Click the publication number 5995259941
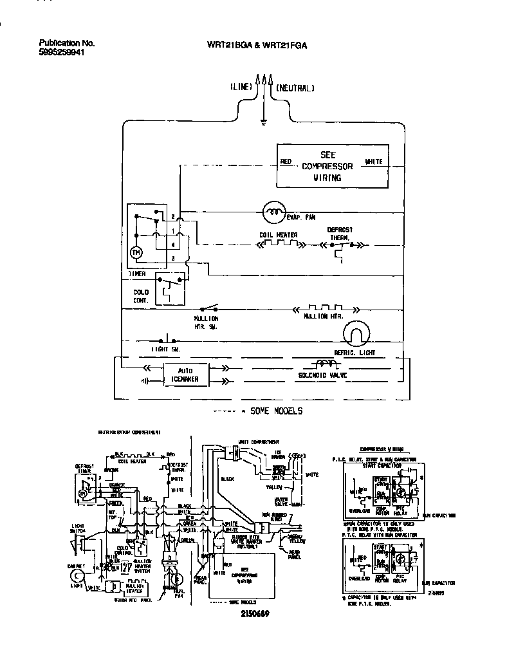point(62,53)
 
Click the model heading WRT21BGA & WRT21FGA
point(256,45)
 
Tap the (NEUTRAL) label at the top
point(295,88)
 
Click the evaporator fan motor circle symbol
point(275,210)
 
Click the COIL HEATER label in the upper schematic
point(278,235)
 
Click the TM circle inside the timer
point(136,253)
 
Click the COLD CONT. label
point(141,297)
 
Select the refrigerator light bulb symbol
point(354,335)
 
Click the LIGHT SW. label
point(166,349)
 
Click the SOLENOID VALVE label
point(323,375)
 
